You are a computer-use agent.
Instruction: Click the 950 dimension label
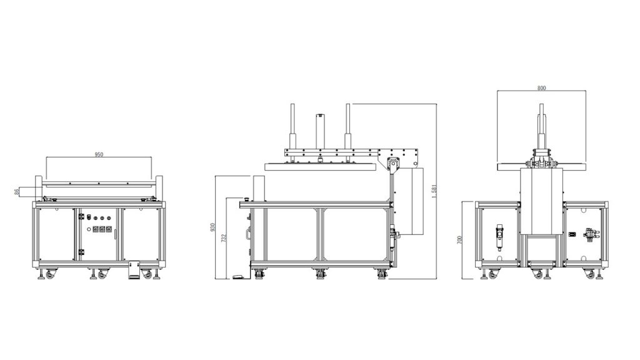[99, 154]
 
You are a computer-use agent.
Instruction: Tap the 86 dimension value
[17, 191]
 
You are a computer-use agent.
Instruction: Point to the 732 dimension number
[223, 238]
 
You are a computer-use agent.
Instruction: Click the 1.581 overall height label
[434, 191]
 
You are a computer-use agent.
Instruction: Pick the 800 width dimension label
[541, 87]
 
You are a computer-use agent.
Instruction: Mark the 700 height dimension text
[460, 240]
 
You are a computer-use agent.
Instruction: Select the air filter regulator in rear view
[499, 237]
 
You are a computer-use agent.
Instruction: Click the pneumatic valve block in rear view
[589, 235]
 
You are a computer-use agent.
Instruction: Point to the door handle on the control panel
[116, 234]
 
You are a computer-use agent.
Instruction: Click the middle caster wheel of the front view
[101, 274]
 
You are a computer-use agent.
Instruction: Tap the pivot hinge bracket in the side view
[392, 164]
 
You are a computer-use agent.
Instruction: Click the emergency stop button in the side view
[246, 199]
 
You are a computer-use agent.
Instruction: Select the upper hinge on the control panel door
[81, 216]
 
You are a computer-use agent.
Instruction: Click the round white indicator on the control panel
[89, 229]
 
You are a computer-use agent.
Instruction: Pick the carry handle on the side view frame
[247, 234]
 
